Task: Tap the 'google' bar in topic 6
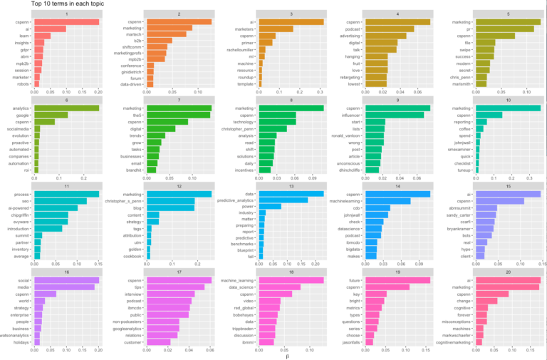pos(51,115)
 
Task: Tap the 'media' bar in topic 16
pos(65,287)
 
